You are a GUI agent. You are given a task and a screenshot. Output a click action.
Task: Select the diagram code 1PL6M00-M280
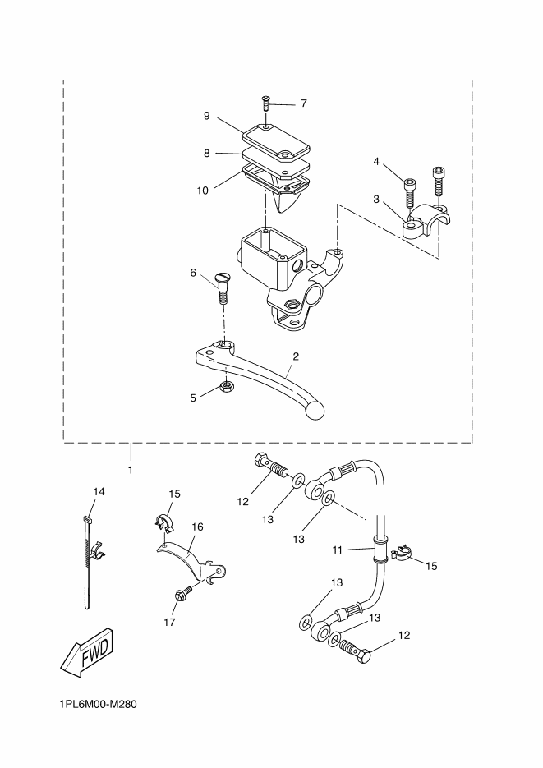tap(98, 704)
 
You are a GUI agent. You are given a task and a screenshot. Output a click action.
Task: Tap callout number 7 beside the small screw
tap(304, 103)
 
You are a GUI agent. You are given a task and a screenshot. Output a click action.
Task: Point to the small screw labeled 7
tap(266, 103)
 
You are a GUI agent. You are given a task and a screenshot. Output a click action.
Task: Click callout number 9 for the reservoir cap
tap(207, 116)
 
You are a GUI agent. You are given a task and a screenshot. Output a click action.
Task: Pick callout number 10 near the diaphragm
tap(203, 191)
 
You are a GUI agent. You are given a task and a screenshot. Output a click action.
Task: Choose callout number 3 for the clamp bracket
tap(376, 199)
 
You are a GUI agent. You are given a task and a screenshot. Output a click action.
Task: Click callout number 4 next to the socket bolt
tap(376, 161)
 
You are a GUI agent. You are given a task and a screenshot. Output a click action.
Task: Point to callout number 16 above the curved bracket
tap(197, 527)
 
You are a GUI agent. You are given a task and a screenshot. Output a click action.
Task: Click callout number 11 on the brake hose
tap(338, 550)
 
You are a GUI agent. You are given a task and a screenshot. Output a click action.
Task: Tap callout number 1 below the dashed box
tap(131, 470)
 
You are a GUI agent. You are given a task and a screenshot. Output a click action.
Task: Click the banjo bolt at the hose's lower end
tap(356, 651)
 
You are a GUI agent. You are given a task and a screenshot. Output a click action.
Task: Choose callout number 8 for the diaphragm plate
tap(207, 154)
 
